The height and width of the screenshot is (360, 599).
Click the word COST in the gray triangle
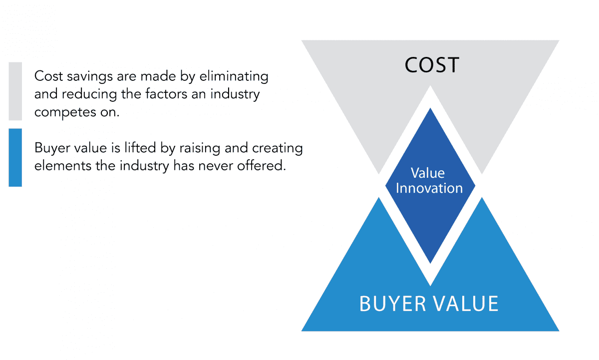pos(432,65)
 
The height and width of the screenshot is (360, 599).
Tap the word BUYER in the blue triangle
pos(392,304)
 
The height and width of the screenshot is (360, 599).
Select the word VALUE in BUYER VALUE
pos(466,304)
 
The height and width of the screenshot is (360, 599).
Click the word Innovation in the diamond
pos(429,188)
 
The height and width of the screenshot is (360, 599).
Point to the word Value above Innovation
pos(428,173)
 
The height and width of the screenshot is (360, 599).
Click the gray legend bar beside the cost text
pos(15,91)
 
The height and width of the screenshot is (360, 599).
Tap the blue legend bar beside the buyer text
pos(15,158)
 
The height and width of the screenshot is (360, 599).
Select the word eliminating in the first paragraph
pos(234,77)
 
